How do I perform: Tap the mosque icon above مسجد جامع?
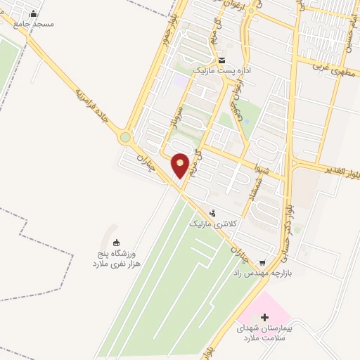pos(34,13)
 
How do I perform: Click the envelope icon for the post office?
pos(221,60)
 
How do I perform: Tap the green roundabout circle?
pos(126,138)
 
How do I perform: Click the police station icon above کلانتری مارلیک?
pos(214,212)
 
